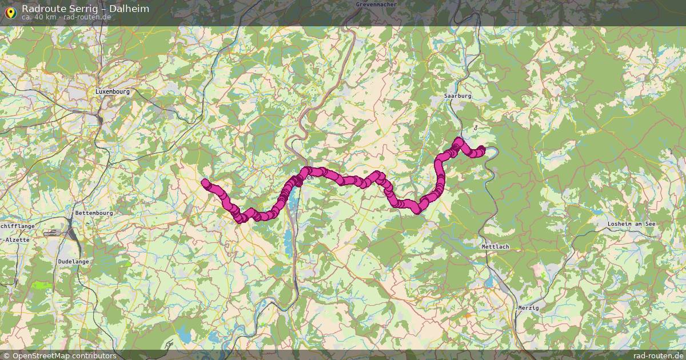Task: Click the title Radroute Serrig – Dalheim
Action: point(85,9)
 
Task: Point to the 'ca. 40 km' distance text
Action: point(39,17)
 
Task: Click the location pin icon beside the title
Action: point(10,11)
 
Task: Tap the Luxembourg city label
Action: point(113,91)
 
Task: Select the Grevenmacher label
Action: point(376,5)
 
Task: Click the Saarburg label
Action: point(458,96)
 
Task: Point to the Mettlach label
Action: point(495,247)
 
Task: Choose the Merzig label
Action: point(528,307)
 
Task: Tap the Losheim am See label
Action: point(632,224)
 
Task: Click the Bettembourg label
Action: point(94,213)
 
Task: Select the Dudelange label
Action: point(73,261)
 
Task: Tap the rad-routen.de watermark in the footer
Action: point(658,355)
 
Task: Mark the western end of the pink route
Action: point(205,182)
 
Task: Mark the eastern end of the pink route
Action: point(482,150)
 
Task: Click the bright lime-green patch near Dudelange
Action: point(41,285)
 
